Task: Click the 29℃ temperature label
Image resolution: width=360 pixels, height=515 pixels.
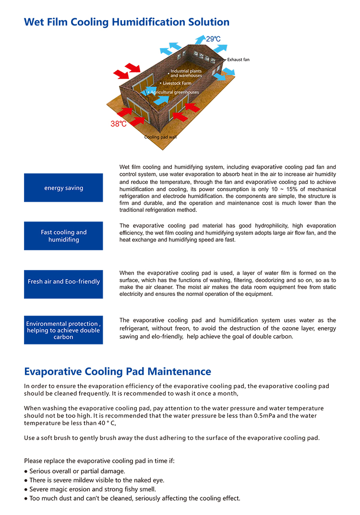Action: pyautogui.click(x=213, y=39)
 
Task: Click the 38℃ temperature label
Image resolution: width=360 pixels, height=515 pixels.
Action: pyautogui.click(x=119, y=123)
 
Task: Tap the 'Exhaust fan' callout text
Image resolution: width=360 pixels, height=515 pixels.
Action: pyautogui.click(x=238, y=60)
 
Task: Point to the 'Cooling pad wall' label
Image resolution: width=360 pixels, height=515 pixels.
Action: pyautogui.click(x=160, y=137)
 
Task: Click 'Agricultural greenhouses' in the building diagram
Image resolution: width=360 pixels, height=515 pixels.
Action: pyautogui.click(x=174, y=92)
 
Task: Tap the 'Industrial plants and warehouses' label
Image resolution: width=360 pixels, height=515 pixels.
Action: pyautogui.click(x=186, y=73)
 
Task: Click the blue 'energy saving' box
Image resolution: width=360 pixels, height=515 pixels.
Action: pyautogui.click(x=63, y=188)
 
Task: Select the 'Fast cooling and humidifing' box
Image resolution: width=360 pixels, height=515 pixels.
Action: pyautogui.click(x=63, y=236)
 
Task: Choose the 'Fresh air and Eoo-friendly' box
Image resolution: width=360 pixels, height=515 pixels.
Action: pyautogui.click(x=63, y=282)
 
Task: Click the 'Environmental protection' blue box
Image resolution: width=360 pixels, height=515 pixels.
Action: pyautogui.click(x=63, y=330)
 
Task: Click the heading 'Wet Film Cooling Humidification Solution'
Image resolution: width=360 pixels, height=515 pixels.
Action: pyautogui.click(x=127, y=22)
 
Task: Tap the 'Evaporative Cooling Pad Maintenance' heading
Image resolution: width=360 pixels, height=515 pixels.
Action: pyautogui.click(x=118, y=371)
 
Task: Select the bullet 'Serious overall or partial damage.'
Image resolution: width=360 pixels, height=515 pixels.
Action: pyautogui.click(x=77, y=471)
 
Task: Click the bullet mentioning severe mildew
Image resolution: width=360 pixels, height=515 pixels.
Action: pyautogui.click(x=96, y=480)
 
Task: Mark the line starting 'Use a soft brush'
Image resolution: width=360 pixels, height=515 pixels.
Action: pyautogui.click(x=171, y=438)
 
